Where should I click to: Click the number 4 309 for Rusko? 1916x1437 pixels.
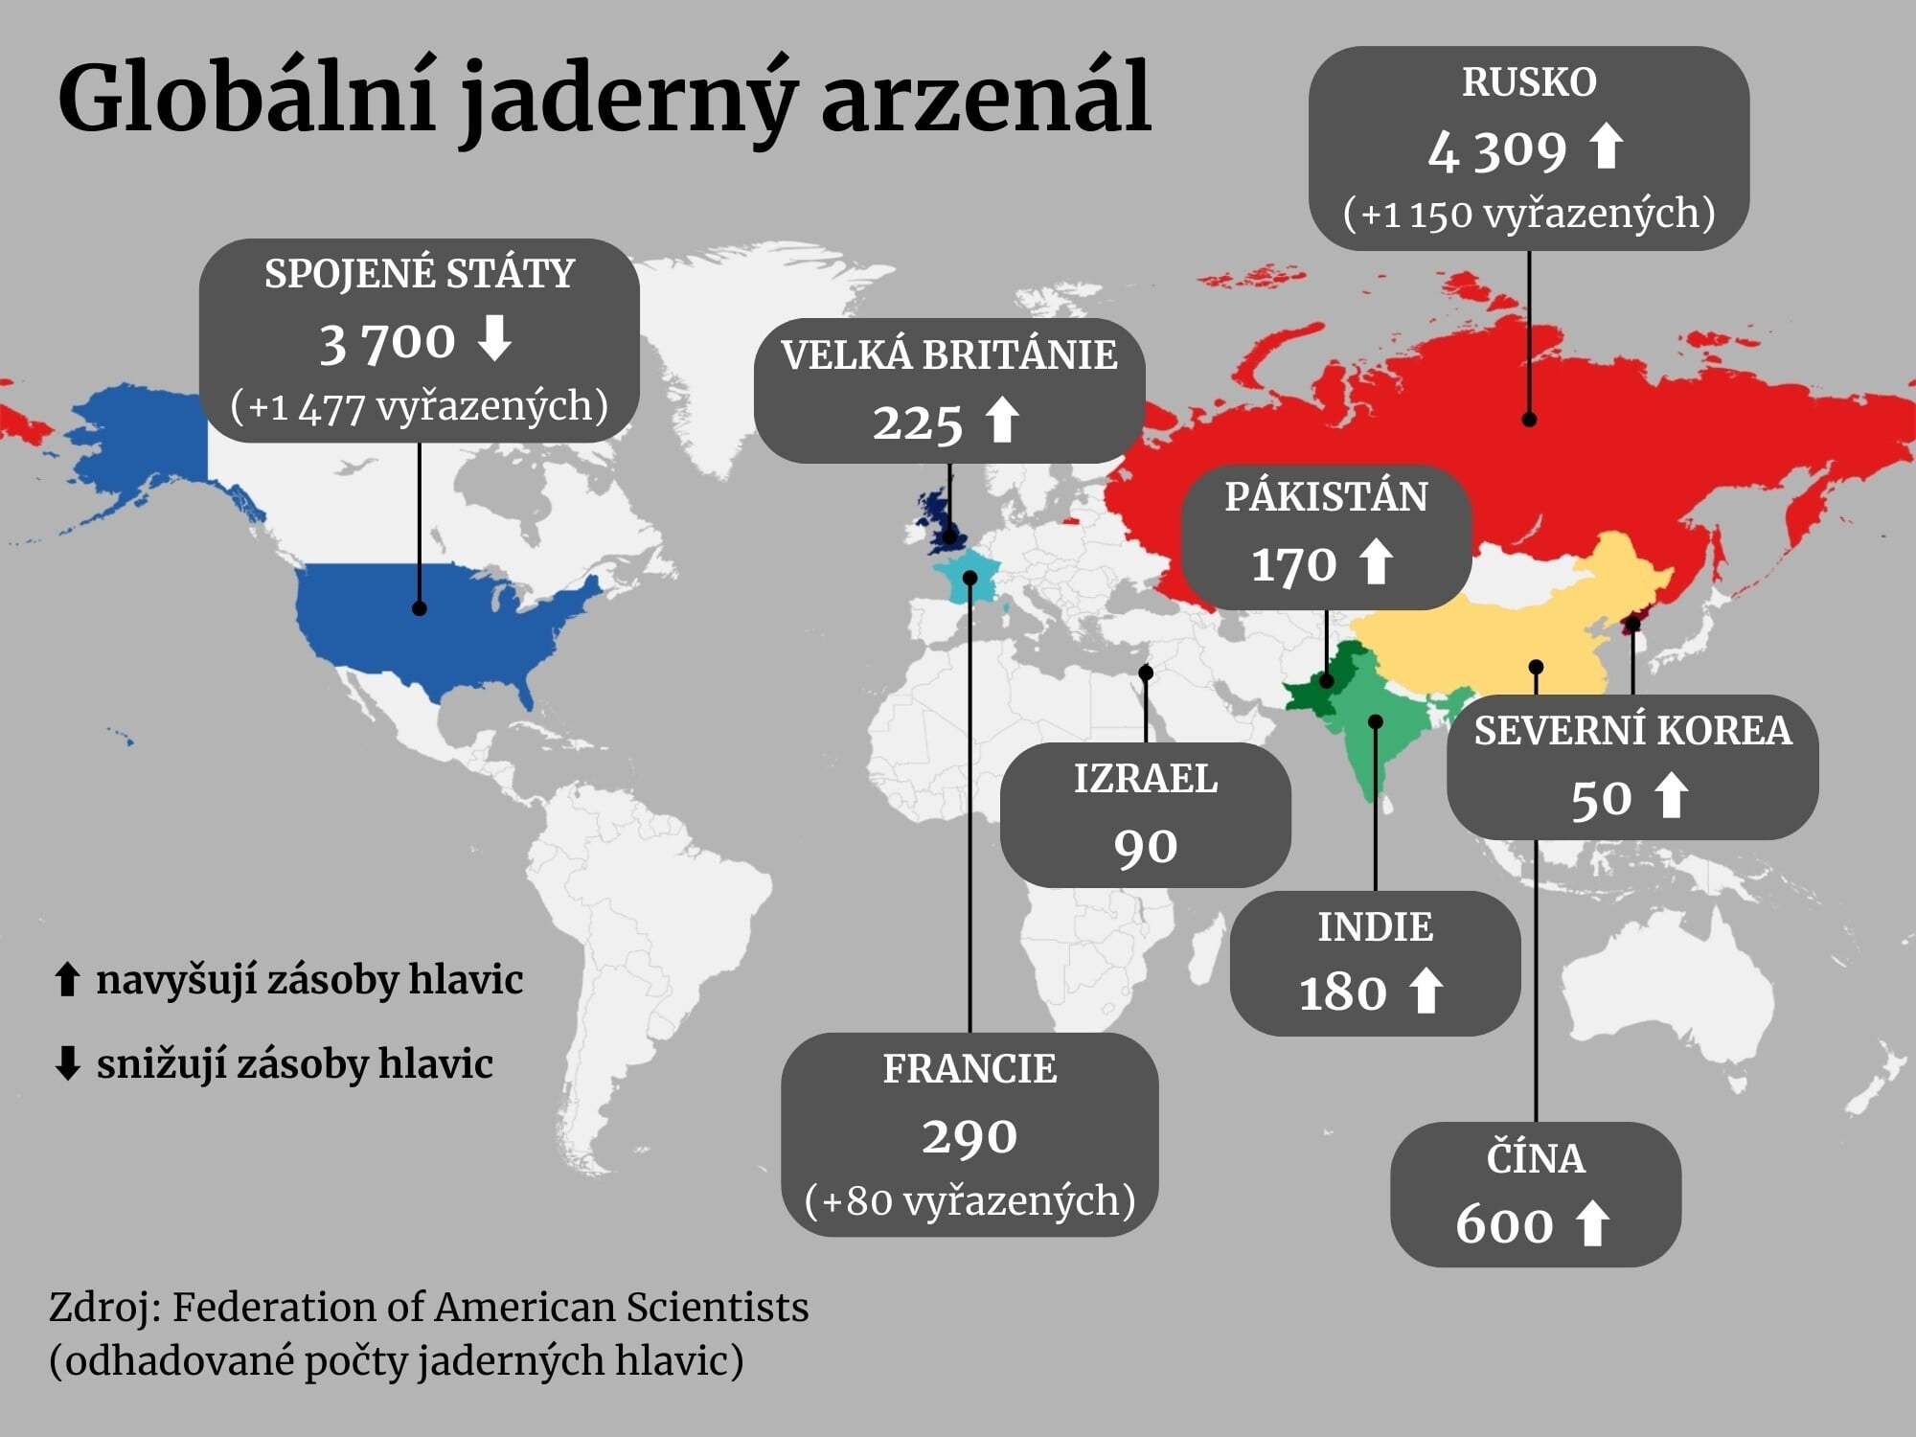tap(1496, 150)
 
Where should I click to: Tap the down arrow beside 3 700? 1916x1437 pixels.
tap(494, 338)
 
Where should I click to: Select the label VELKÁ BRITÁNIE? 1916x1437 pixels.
tap(948, 355)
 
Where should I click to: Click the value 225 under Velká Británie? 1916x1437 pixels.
tap(917, 423)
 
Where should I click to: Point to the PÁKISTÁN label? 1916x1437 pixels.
tap(1326, 497)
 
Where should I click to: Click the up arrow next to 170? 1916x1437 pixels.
tap(1377, 561)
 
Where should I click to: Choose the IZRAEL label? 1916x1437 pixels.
tap(1145, 779)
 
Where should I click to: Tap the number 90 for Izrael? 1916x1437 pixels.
tap(1145, 847)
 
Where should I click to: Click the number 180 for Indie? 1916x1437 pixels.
tap(1342, 992)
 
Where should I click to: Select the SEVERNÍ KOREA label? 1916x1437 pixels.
tap(1631, 731)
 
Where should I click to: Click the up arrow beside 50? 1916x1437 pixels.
tap(1672, 796)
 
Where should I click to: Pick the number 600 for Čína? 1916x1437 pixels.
tap(1504, 1224)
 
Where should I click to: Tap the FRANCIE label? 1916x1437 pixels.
tap(969, 1069)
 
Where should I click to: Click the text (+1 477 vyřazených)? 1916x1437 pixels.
tap(419, 406)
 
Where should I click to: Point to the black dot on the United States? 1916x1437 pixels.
tap(419, 608)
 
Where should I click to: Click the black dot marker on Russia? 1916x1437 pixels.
tap(1529, 420)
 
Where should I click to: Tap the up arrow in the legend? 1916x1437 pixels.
tap(66, 980)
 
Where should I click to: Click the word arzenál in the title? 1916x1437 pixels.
tap(986, 99)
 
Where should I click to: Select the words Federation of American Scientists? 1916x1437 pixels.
tap(490, 1308)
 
